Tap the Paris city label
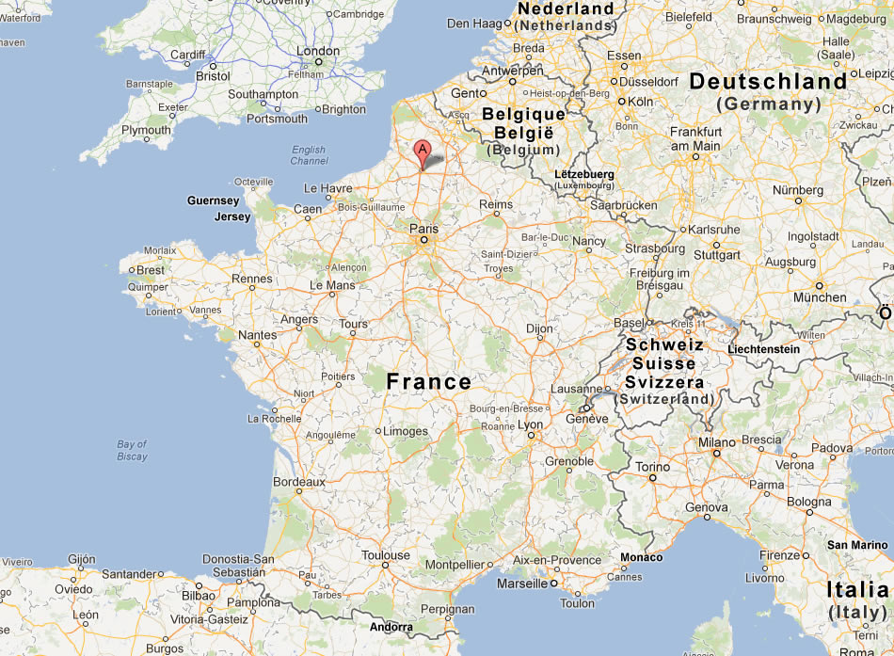click(424, 228)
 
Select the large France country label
click(429, 381)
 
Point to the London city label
click(318, 51)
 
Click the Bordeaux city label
click(298, 481)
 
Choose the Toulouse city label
click(386, 555)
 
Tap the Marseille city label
click(521, 584)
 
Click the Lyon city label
click(531, 424)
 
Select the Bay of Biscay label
click(133, 450)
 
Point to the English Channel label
click(309, 155)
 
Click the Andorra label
click(391, 627)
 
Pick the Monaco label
click(641, 557)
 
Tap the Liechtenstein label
click(763, 349)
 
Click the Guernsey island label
click(214, 200)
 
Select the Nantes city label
click(258, 334)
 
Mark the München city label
click(820, 297)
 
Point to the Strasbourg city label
click(655, 248)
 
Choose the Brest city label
click(150, 269)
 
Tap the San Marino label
click(856, 545)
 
